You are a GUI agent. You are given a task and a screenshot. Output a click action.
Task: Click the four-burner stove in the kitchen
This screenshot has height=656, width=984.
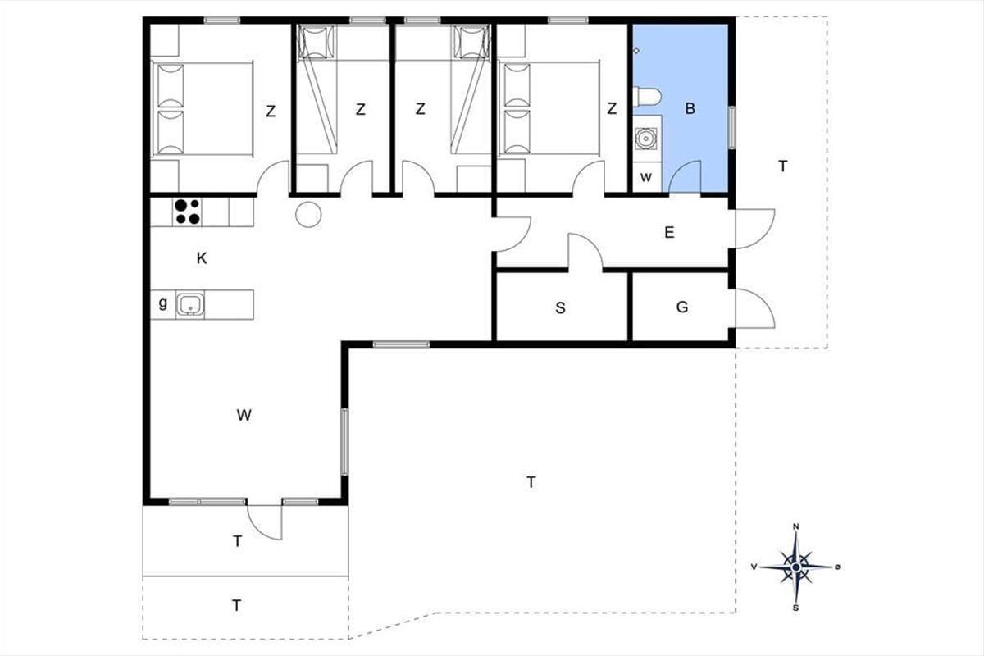tap(187, 212)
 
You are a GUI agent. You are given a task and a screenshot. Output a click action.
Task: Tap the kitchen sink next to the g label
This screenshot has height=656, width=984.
tap(190, 304)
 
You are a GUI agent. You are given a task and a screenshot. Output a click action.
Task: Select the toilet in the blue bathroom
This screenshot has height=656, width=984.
tap(647, 97)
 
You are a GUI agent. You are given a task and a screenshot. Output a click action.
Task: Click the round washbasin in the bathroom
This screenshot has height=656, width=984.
tap(646, 139)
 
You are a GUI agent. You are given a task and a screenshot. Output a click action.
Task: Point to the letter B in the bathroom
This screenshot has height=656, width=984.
tap(690, 108)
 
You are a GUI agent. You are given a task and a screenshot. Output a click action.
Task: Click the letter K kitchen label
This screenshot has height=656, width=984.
tap(202, 258)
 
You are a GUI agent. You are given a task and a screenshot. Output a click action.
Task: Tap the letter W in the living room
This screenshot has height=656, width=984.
tap(244, 415)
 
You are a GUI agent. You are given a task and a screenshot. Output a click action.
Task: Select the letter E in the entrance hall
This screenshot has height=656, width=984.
tap(669, 232)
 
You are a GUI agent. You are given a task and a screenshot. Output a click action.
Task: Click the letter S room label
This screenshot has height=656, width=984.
tap(560, 308)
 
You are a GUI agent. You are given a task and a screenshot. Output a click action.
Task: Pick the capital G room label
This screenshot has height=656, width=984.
tap(682, 307)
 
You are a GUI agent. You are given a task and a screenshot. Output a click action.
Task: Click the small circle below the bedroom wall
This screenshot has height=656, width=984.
tap(308, 214)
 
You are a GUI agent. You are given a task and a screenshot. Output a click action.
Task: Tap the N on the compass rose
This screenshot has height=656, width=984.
tap(795, 526)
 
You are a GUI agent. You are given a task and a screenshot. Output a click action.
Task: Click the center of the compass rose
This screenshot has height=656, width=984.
tap(795, 567)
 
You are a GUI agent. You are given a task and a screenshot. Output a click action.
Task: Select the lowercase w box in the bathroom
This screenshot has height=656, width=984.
tap(647, 177)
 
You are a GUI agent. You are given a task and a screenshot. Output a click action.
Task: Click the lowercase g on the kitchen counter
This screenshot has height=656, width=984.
tap(163, 303)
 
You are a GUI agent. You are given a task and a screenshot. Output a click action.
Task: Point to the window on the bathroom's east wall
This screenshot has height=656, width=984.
tap(731, 127)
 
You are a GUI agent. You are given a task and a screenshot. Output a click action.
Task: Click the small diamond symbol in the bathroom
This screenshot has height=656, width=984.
tap(636, 51)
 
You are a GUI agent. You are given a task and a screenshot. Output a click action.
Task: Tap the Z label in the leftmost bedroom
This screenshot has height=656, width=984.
tap(271, 112)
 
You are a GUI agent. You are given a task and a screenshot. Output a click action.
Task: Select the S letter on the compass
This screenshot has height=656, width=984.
tap(795, 608)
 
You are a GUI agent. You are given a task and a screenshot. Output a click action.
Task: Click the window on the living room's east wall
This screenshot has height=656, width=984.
tap(345, 442)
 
